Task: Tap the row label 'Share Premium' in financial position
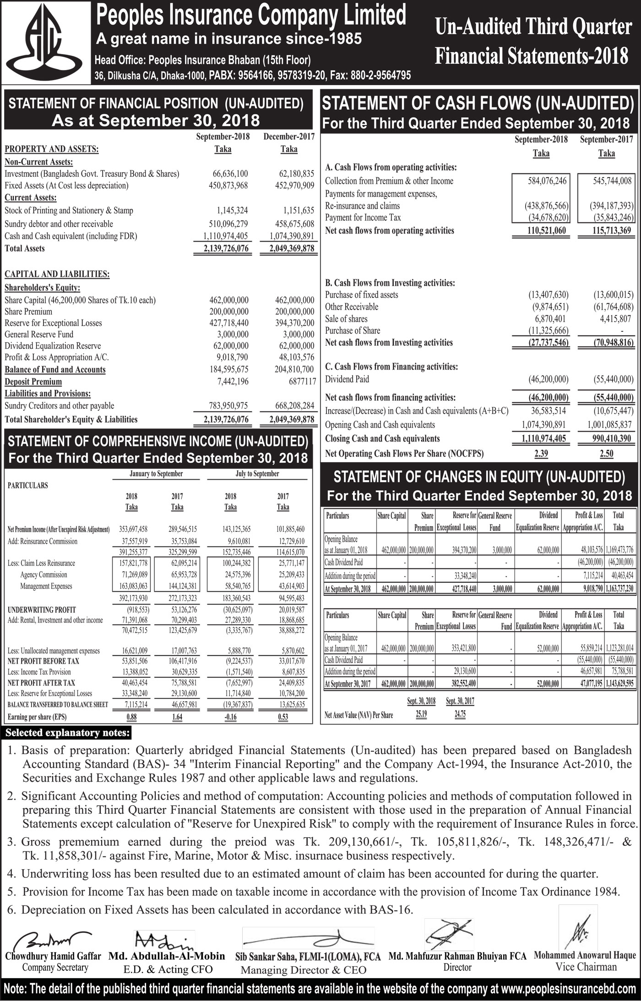[28, 312]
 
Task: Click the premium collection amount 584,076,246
[547, 181]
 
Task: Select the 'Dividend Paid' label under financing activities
[347, 379]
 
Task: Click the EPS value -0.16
[230, 717]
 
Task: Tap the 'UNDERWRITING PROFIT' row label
[42, 610]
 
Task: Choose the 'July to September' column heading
[257, 474]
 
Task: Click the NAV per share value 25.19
[421, 714]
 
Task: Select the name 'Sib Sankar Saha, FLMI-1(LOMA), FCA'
[308, 957]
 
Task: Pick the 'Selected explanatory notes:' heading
[67, 733]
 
